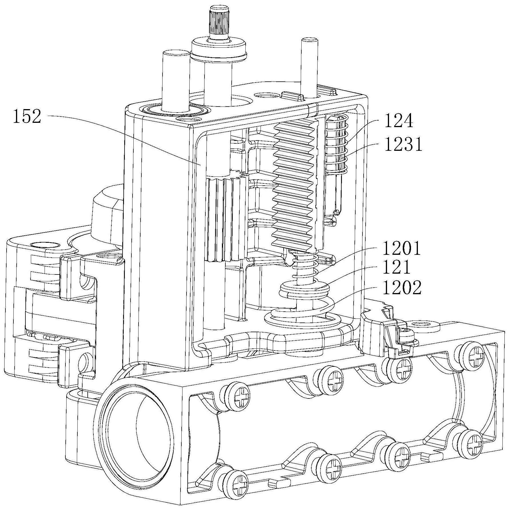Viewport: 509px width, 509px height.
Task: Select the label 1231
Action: pyautogui.click(x=403, y=145)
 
